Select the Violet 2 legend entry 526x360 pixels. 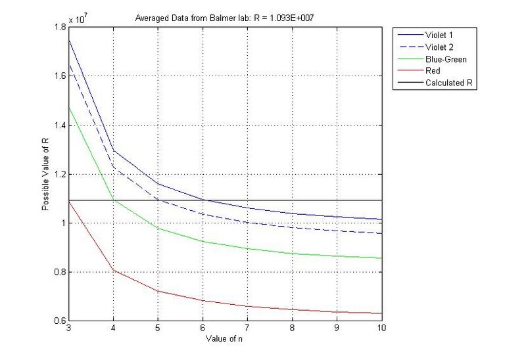[441, 47]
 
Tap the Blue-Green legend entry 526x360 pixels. [446, 58]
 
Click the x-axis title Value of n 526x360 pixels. [224, 338]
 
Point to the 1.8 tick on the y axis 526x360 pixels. [60, 27]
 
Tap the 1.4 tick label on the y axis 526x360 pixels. [60, 125]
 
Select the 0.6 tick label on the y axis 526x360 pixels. [60, 321]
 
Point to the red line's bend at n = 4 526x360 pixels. [113, 270]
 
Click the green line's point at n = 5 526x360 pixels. [158, 228]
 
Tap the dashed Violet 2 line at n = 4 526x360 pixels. [113, 168]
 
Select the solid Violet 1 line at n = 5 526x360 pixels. [158, 183]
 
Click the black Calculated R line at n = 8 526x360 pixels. [292, 200]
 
